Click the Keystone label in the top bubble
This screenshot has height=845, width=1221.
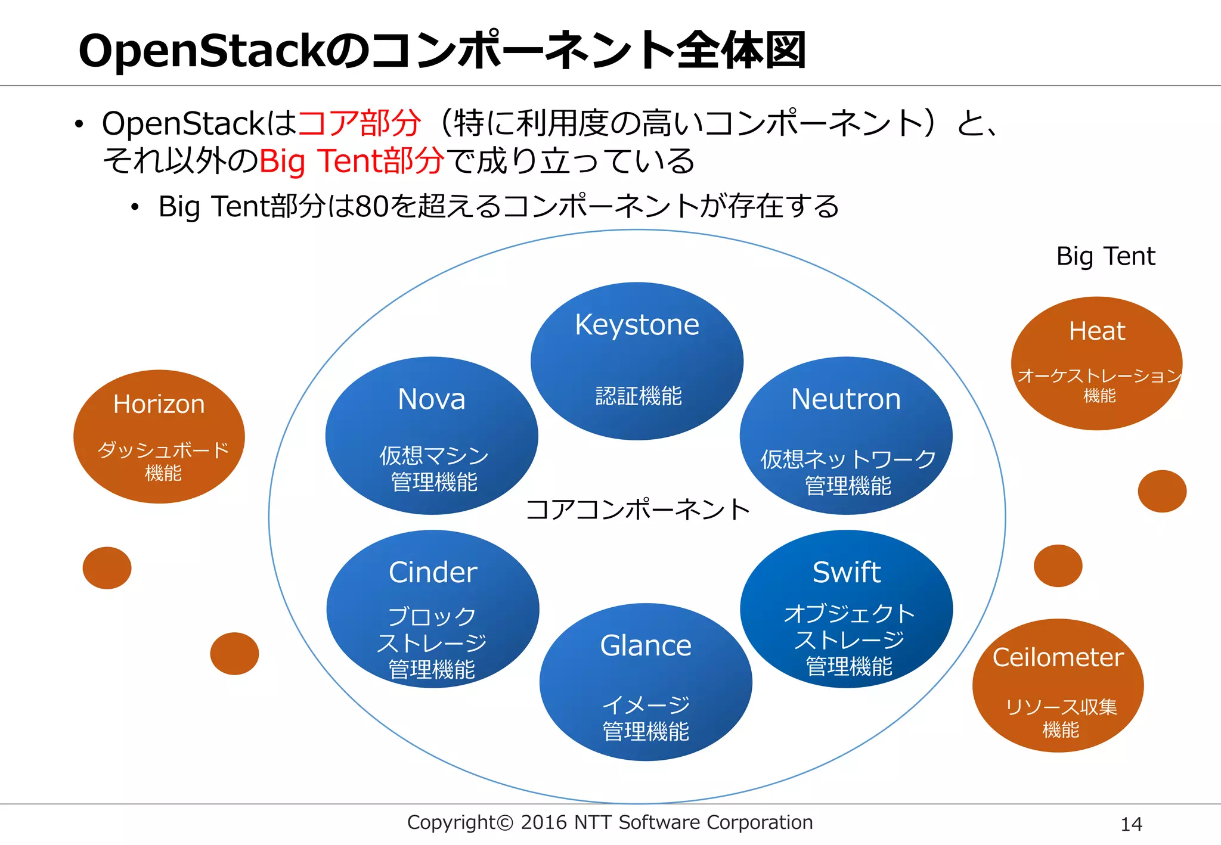click(637, 325)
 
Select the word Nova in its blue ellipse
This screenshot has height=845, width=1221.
click(431, 399)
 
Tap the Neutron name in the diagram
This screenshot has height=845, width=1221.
click(845, 399)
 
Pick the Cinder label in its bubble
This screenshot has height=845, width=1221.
click(433, 572)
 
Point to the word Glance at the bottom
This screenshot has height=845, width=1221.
click(646, 645)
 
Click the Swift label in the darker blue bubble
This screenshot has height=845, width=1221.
click(846, 572)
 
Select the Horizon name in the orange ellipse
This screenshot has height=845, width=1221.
click(159, 404)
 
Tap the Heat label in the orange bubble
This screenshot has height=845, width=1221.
click(1096, 331)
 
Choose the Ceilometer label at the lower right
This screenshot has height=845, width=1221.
click(1058, 657)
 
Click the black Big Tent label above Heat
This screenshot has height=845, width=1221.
click(1105, 256)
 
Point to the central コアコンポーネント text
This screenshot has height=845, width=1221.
click(637, 510)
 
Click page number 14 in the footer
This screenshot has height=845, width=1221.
click(1131, 824)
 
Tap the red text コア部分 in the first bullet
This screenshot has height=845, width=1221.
click(360, 123)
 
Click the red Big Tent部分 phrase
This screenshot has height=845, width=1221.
click(352, 161)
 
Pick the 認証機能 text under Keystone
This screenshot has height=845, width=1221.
click(638, 396)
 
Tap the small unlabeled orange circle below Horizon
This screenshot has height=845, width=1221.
click(107, 568)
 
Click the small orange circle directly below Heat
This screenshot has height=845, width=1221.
click(1161, 491)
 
